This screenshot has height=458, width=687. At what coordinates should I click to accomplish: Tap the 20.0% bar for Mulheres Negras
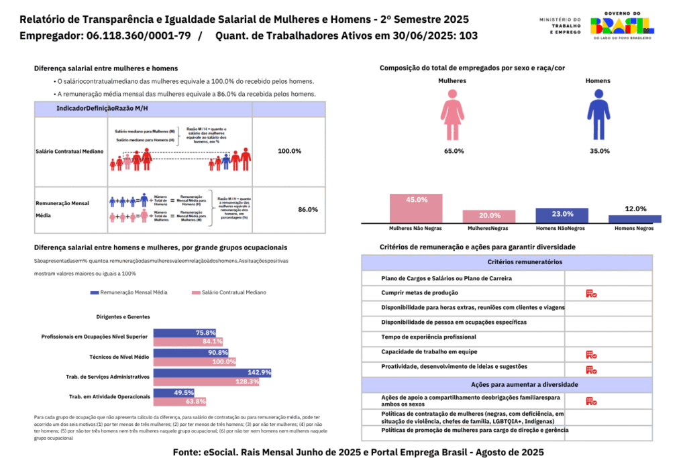pos(490,215)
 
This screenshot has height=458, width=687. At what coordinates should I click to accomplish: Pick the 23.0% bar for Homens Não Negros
pos(562,215)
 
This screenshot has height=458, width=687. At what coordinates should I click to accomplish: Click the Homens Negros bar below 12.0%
pos(635,219)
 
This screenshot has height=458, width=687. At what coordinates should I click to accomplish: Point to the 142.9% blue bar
pos(212,372)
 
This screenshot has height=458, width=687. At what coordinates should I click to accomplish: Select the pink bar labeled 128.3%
pos(207,382)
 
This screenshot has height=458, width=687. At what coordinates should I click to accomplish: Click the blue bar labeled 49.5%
pos(174,392)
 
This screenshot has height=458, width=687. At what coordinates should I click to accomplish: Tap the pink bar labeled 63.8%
pos(179,402)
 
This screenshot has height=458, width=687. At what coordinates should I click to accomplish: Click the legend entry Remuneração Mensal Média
pos(128,292)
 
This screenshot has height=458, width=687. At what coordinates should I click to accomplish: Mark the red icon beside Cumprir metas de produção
pos(591,293)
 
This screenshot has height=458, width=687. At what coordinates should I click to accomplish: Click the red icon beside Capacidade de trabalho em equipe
pos(591,354)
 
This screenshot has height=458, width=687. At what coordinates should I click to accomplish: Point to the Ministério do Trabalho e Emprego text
pos(560,25)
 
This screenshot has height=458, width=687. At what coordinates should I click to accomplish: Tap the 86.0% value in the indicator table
pos(308,209)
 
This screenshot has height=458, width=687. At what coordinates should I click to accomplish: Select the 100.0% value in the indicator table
pos(289,151)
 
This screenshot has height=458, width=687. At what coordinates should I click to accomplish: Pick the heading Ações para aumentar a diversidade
pos(507,385)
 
